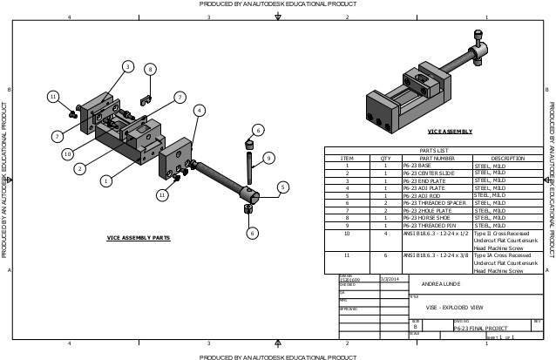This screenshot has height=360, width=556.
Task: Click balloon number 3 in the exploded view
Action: [127, 66]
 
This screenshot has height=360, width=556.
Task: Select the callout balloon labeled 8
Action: [150, 69]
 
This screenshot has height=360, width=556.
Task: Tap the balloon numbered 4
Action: [199, 110]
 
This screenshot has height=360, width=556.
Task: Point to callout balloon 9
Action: [268, 158]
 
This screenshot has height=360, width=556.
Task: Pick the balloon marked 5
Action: [282, 187]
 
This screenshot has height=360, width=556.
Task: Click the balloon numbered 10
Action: [66, 153]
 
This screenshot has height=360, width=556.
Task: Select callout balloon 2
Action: [78, 168]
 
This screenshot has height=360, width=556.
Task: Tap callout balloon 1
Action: [105, 181]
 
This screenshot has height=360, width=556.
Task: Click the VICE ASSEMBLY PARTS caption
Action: [139, 237]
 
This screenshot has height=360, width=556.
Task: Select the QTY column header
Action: [385, 158]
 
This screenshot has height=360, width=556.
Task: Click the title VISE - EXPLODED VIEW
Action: [453, 308]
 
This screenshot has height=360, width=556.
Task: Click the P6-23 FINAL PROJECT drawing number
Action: [478, 329]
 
